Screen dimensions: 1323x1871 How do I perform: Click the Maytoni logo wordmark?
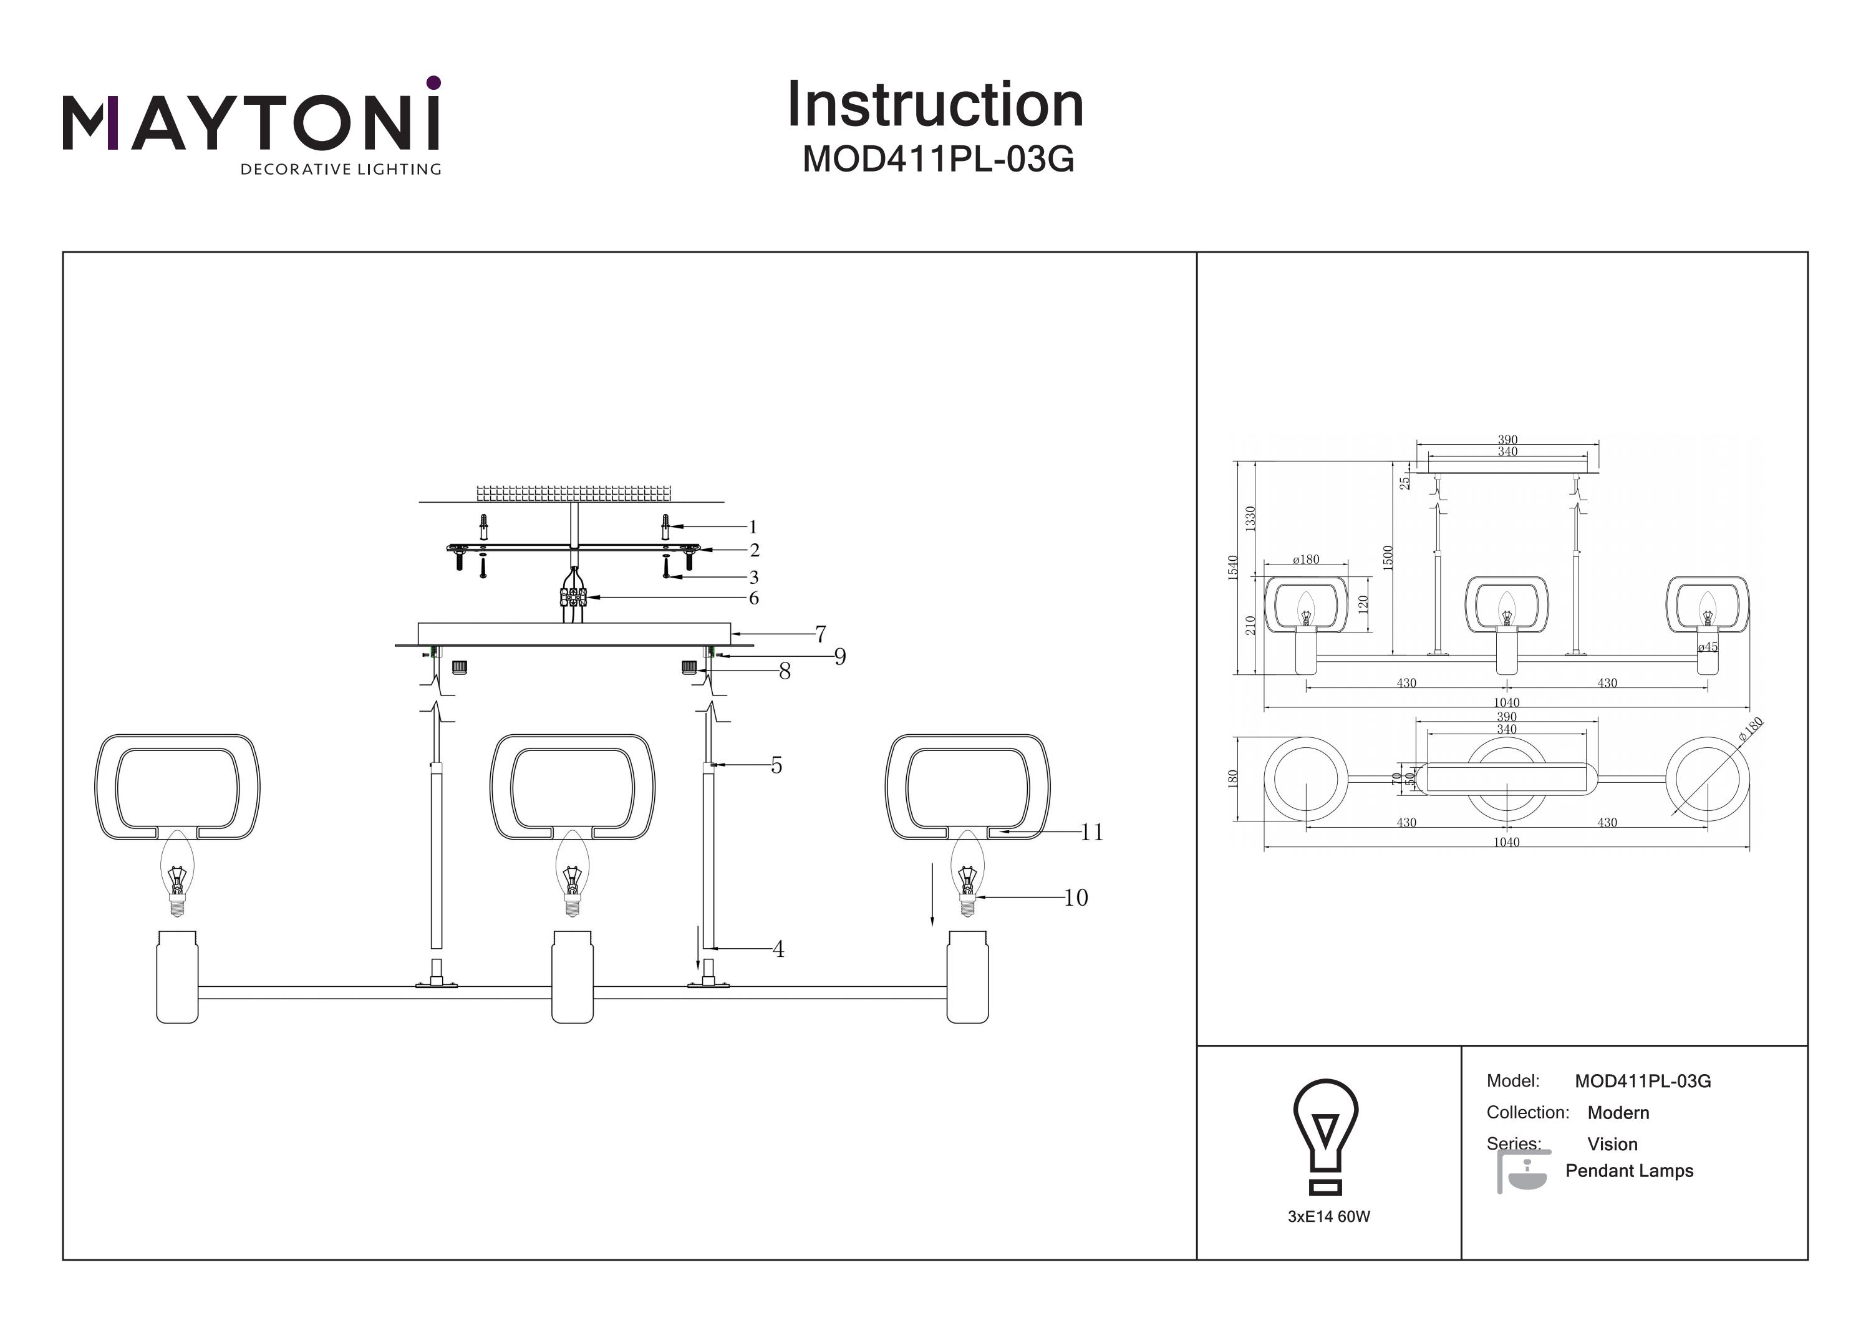[x=251, y=122]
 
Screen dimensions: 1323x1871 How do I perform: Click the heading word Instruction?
[x=935, y=105]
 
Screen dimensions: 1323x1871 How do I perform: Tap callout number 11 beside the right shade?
[x=1091, y=831]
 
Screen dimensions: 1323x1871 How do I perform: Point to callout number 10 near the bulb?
[x=1076, y=898]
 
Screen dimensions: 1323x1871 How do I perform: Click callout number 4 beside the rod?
[x=778, y=949]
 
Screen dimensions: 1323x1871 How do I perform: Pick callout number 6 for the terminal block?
[x=754, y=598]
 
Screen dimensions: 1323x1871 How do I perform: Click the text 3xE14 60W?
[x=1328, y=1216]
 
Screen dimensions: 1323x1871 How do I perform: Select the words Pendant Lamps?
[x=1628, y=1171]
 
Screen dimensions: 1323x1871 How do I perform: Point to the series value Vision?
[x=1612, y=1143]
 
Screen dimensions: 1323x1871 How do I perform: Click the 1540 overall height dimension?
[x=1233, y=568]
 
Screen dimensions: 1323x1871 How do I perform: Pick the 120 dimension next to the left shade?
[x=1363, y=604]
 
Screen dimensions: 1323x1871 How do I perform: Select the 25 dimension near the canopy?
[x=1404, y=483]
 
